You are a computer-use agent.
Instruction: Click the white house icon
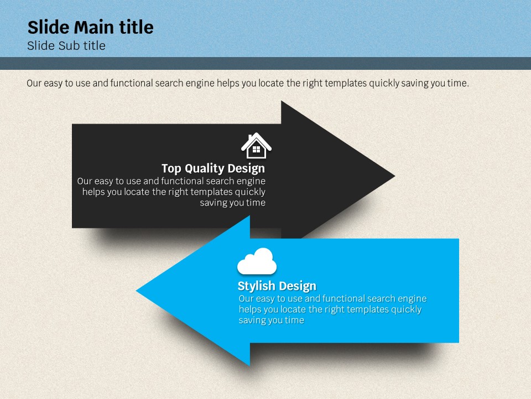pyautogui.click(x=256, y=146)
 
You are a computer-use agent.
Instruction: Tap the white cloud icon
pyautogui.click(x=257, y=261)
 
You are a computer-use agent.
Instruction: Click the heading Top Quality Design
pyautogui.click(x=214, y=168)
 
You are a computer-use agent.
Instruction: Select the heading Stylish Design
pyautogui.click(x=277, y=286)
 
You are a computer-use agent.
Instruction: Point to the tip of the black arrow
pyautogui.click(x=394, y=176)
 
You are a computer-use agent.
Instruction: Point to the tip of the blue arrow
pyautogui.click(x=137, y=290)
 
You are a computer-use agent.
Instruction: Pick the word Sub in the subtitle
pyautogui.click(x=69, y=45)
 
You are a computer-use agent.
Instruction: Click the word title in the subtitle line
pyautogui.click(x=95, y=45)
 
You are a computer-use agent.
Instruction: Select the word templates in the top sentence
pyautogui.click(x=345, y=84)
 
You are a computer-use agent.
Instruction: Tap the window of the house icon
pyautogui.click(x=256, y=149)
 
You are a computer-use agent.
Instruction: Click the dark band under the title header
pyautogui.click(x=265, y=63)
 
